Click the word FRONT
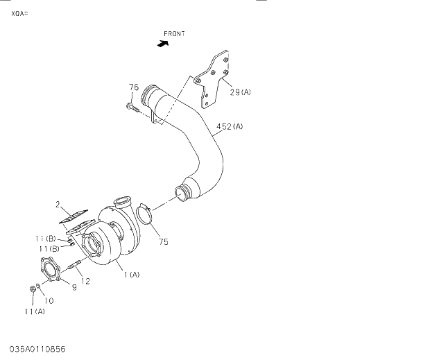pos(174,33)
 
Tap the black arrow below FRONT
pos(163,43)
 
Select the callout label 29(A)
pos(241,92)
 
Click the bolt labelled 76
pos(132,108)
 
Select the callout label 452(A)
pos(230,126)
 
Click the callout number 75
pos(164,242)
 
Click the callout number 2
pos(59,204)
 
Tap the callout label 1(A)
pos(132,275)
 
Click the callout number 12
pos(85,281)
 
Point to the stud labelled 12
pos(76,264)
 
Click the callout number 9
pos(74,287)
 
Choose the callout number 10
pos(49,300)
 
